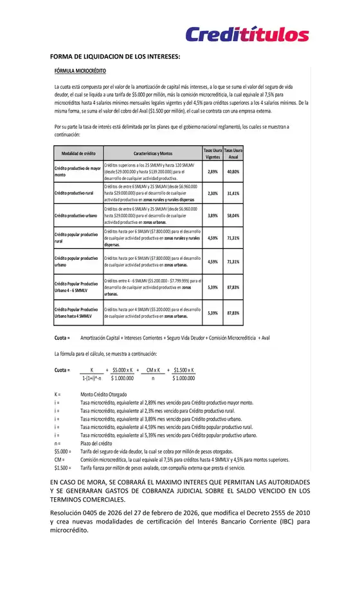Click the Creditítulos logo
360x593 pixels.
[247, 34]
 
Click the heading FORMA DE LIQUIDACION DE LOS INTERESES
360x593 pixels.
[115, 56]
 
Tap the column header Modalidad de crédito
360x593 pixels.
[78, 153]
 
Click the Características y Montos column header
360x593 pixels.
[152, 153]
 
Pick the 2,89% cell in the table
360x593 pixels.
[213, 172]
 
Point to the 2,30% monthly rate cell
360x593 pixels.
[213, 193]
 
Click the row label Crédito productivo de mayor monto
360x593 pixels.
[78, 172]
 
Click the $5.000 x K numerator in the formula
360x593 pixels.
[122, 370]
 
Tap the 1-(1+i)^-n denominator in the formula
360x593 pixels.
[92, 378]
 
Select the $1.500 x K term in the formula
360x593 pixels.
[184, 370]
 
